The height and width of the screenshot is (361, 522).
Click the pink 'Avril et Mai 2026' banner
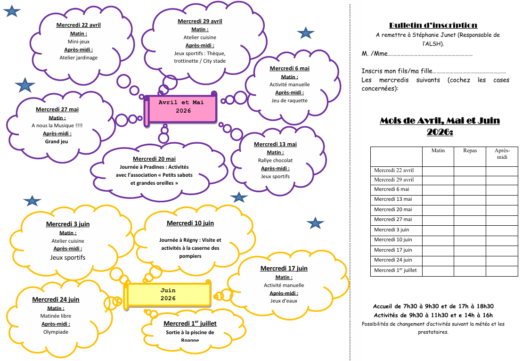click(181, 107)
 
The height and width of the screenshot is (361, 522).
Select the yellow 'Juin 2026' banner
click(168, 295)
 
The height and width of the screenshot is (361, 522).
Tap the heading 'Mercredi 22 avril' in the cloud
click(78, 25)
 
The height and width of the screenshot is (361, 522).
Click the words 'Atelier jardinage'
click(78, 57)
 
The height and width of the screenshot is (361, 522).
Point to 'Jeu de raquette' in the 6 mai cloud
click(289, 100)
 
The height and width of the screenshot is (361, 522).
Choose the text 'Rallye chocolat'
click(275, 160)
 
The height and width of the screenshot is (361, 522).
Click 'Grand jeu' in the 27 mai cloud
click(57, 141)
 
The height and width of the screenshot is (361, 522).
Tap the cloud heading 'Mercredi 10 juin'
click(190, 223)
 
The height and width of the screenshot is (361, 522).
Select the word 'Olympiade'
click(56, 332)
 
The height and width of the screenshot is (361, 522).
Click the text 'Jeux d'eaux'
click(284, 301)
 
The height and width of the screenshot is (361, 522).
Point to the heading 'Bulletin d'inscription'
click(433, 25)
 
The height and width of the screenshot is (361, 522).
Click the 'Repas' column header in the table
click(470, 151)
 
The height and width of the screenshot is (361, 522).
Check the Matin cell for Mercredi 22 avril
click(438, 171)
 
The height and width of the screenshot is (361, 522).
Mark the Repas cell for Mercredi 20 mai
click(470, 210)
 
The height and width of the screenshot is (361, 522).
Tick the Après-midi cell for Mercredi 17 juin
click(502, 250)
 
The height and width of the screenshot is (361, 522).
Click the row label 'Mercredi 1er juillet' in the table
click(395, 271)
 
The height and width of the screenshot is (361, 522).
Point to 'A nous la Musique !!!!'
click(57, 125)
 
